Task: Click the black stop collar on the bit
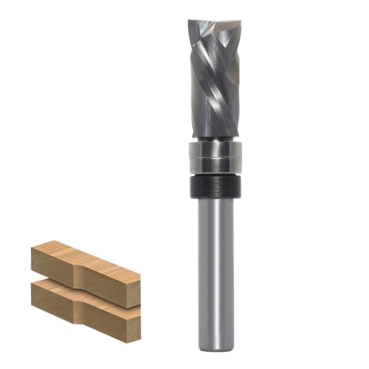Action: [215, 187]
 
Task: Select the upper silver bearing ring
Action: [215, 149]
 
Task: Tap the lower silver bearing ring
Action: [215, 165]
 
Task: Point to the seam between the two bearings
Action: [215, 158]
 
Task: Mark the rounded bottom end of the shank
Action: [216, 348]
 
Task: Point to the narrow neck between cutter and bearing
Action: [215, 139]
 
